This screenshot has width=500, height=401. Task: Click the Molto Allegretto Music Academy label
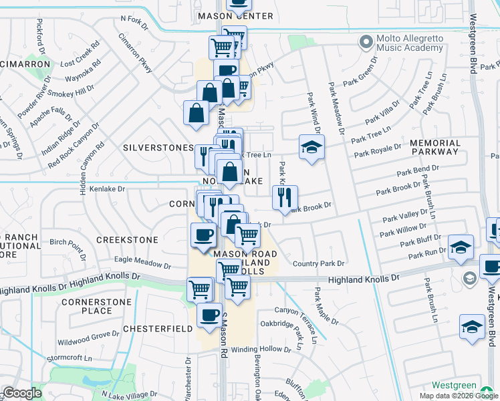point(408,43)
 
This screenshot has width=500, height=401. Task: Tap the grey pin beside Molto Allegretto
point(365,43)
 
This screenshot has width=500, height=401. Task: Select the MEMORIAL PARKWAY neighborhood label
point(435,147)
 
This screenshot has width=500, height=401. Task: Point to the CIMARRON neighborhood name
point(25,64)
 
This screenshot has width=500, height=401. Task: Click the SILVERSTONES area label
point(156,146)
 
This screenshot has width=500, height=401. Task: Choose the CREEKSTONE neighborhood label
point(127,239)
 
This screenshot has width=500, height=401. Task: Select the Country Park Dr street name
point(318,264)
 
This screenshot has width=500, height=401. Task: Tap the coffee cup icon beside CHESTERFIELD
point(209,314)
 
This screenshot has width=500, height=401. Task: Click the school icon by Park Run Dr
point(461,247)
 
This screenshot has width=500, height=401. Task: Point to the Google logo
point(22,393)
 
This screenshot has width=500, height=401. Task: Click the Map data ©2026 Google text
point(459,396)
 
